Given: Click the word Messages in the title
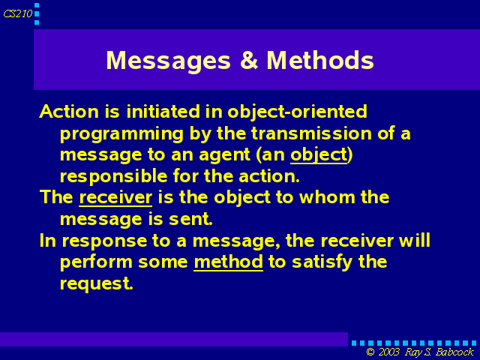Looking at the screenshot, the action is pos(168,61).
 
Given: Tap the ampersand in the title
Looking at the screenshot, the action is pos(248,60).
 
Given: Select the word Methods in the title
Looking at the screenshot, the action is pos(320,60).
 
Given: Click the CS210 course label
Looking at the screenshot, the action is pos(18,13).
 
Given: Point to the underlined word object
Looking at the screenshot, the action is pos(319,155).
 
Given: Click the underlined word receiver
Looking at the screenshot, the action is pos(115,197).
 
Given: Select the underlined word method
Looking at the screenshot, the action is pos(228,262).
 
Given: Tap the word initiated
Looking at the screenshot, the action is pos(163,112).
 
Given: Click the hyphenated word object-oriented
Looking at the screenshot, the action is pos(297,112).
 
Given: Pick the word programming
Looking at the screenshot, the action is pos(121,134).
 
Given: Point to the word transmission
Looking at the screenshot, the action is pos(311,133).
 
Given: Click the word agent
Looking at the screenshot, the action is pos(225,155).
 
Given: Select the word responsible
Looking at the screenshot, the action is pos(114,177).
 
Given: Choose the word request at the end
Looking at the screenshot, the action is pos(97,284).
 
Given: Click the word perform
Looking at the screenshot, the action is pos(96,262).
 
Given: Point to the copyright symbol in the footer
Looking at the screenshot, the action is pos(370,352).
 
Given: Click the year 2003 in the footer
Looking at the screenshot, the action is pos(388,352).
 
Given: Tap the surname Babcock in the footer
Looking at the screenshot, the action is pos(455,352).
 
